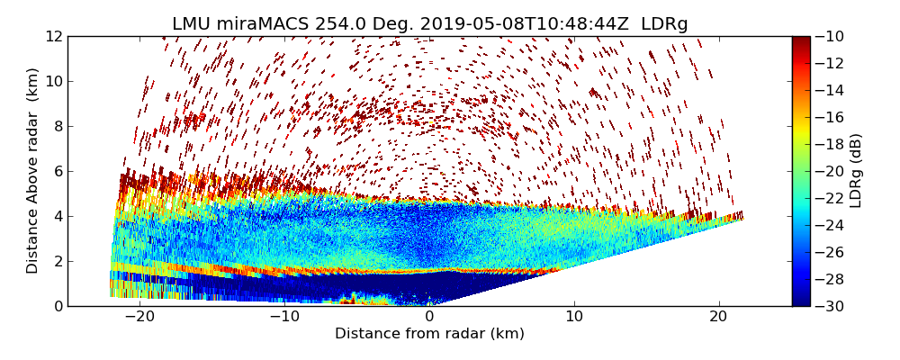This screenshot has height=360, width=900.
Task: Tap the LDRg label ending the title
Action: click(x=664, y=24)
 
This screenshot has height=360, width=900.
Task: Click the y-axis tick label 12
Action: click(x=52, y=36)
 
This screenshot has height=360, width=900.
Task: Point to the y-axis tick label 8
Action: click(x=56, y=126)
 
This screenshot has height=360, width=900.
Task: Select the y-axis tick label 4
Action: click(x=56, y=216)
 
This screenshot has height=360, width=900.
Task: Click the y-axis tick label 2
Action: click(x=56, y=261)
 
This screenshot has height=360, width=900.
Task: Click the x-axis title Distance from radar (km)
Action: click(x=429, y=334)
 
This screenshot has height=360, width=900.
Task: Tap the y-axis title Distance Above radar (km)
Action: click(x=32, y=171)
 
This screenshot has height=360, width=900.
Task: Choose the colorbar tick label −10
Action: click(x=829, y=36)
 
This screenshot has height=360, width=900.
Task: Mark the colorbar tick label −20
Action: click(x=829, y=171)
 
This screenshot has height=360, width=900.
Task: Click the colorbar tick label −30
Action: click(x=829, y=306)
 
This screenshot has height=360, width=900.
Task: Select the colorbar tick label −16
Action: click(x=829, y=117)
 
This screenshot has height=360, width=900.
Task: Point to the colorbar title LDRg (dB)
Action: click(x=856, y=171)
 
